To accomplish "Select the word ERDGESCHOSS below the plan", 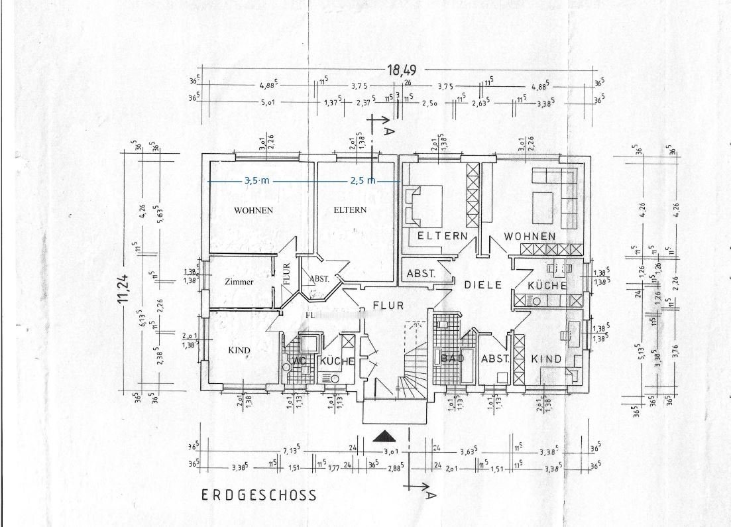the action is (x=259, y=495).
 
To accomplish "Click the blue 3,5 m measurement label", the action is (x=257, y=180).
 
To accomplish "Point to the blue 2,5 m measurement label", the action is (x=363, y=180).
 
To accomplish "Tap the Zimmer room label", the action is (x=239, y=282).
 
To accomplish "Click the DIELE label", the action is (x=480, y=285).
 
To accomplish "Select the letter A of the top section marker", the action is (x=389, y=131).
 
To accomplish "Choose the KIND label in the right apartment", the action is (x=546, y=359).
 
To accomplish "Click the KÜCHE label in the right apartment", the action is (x=547, y=285).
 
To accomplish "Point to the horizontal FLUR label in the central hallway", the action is (x=388, y=305).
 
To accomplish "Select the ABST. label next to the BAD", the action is (x=494, y=359).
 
